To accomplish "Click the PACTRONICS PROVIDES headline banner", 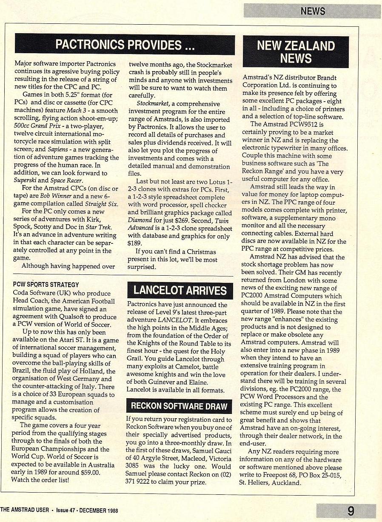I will [125, 45].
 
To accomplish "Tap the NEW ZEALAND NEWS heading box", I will [296, 52].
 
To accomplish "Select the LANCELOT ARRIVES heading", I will [180, 290].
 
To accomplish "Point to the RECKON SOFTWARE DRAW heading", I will [179, 406].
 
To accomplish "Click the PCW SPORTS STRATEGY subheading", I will [46, 284].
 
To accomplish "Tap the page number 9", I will [351, 511].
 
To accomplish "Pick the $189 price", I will [136, 244].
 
